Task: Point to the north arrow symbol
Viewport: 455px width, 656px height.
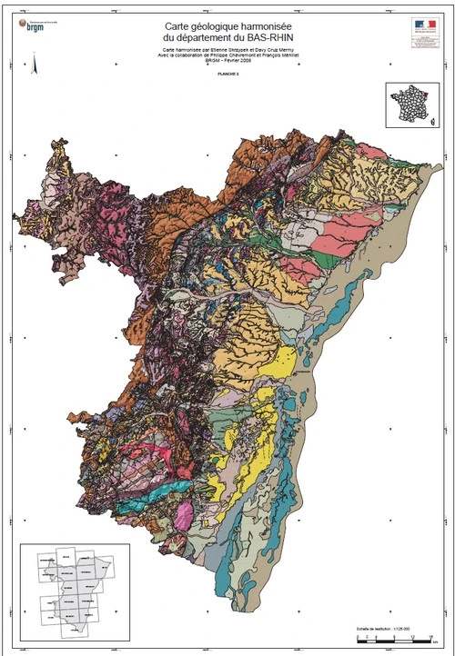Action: coord(34,64)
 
